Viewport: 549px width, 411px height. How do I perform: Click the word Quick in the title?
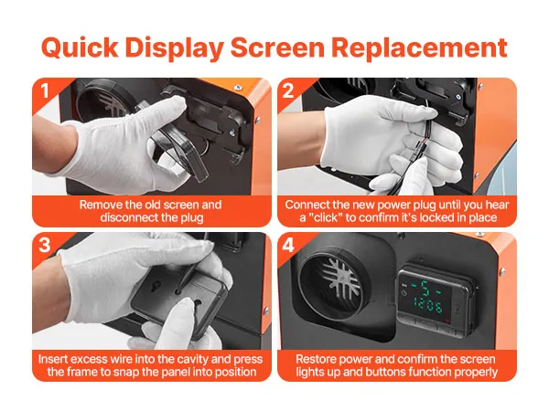point(80,47)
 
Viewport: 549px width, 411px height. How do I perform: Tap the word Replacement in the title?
point(419,47)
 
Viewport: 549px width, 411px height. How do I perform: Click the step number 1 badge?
point(45,90)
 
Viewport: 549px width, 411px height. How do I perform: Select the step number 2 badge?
point(288,90)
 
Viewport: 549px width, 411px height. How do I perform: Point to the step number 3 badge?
point(45,245)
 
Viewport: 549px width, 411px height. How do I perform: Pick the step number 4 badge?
point(288,245)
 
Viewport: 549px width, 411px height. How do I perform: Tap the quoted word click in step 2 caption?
point(324,217)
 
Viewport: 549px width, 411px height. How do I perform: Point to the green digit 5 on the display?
point(425,288)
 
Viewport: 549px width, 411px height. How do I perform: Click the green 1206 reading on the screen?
point(428,305)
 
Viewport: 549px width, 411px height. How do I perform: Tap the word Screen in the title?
point(277,47)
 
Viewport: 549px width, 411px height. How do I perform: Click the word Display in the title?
point(175,47)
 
